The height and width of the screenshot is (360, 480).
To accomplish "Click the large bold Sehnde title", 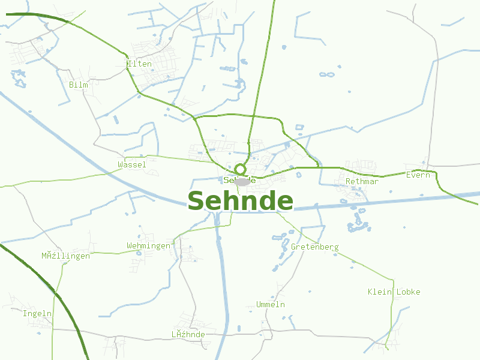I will (240, 201).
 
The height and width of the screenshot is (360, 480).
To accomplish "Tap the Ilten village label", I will (140, 64).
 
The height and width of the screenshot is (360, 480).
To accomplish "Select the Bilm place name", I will (79, 85).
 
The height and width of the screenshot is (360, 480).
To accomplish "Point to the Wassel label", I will (132, 164).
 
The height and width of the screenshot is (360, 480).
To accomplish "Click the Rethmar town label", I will (362, 181).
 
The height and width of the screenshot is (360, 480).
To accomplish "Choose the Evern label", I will (418, 175).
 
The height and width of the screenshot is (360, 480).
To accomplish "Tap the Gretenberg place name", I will (314, 247).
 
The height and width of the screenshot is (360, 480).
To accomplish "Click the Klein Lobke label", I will (394, 292).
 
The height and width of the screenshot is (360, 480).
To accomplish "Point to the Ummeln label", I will (270, 304).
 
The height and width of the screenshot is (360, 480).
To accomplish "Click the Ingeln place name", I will (37, 313).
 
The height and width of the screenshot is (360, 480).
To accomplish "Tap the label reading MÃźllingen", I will (65, 256).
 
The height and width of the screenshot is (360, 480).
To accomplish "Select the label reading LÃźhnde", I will (188, 334).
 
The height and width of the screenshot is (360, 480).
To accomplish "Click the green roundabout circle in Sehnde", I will (240, 169).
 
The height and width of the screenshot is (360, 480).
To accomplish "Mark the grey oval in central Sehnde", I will (242, 182).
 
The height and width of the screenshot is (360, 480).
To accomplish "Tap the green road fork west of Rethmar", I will (319, 167).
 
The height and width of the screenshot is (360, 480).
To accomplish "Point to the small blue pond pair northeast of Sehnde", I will (326, 74).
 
